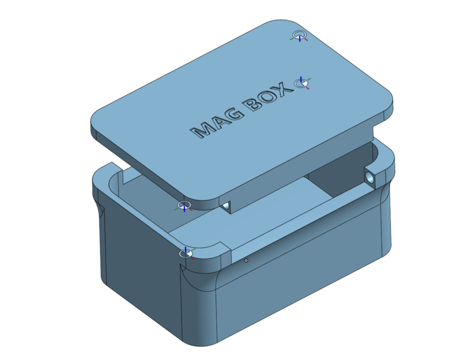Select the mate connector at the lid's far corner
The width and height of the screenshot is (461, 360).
coord(299,36)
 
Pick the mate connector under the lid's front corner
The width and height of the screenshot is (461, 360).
coord(184,206)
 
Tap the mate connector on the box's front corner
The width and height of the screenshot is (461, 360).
coord(185,253)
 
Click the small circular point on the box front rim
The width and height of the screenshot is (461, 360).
coord(246,260)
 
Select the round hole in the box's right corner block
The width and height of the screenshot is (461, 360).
coord(369,176)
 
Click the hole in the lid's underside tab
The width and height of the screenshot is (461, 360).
coord(226,206)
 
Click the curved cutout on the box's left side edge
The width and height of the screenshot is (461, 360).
coord(99,210)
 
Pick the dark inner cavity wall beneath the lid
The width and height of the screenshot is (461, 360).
coord(340,167)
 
